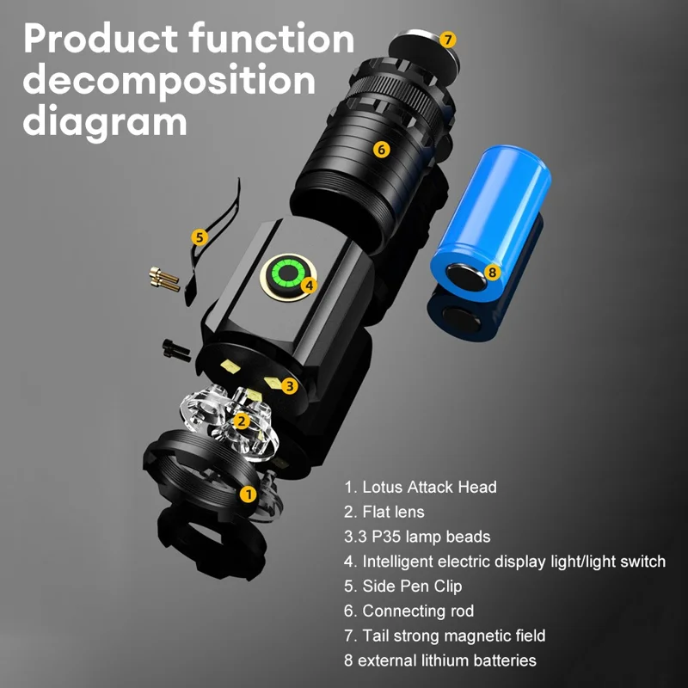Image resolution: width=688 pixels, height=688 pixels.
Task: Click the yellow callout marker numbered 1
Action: [x=248, y=494]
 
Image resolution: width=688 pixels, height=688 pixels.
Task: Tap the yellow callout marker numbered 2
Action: [x=242, y=421]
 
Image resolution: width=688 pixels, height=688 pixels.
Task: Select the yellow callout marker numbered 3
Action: [x=290, y=386]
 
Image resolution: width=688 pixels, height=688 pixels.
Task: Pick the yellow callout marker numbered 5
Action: [x=199, y=236]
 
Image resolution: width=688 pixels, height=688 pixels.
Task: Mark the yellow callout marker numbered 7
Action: [x=447, y=40]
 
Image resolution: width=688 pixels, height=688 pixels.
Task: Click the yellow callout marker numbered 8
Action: [x=491, y=272]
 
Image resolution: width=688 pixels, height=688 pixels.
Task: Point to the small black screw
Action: [x=172, y=347]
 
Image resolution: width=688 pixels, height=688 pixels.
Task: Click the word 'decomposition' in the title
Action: [x=169, y=80]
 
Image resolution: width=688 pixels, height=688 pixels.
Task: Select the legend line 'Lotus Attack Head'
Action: [x=421, y=487]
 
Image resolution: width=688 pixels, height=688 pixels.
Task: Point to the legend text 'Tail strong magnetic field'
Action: [x=445, y=636]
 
